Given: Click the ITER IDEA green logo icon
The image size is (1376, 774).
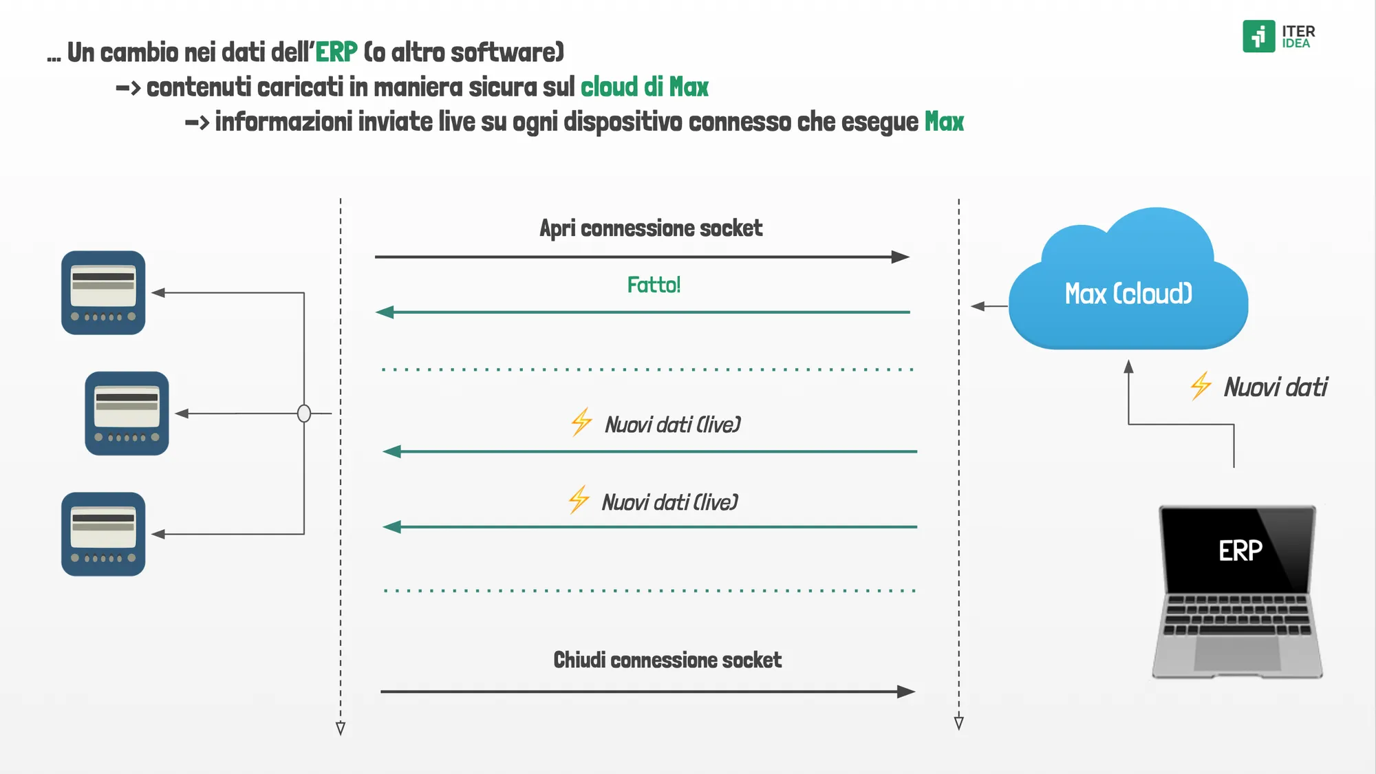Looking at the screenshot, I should [x=1258, y=36].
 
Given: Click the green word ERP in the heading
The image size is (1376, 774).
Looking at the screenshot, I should [x=336, y=52].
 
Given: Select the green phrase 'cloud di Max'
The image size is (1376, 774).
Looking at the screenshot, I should [x=644, y=87].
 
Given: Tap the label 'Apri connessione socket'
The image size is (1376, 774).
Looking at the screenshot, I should [x=651, y=228].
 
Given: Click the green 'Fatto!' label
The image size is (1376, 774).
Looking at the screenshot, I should [x=654, y=284].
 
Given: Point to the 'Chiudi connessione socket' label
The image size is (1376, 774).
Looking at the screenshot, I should [x=667, y=660].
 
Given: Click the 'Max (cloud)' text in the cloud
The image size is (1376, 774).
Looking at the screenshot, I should [x=1128, y=294].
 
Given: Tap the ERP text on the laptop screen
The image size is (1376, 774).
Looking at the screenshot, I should [x=1240, y=550].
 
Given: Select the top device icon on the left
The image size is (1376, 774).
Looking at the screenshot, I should [x=103, y=292].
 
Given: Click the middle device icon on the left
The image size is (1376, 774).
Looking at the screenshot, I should [x=127, y=413].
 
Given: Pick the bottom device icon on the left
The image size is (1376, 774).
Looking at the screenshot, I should [x=103, y=534].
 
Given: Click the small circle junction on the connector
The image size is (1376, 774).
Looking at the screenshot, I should [x=304, y=413].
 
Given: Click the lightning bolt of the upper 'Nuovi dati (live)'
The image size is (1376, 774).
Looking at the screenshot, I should [x=581, y=422].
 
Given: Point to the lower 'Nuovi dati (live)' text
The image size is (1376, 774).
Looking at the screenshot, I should [x=669, y=502].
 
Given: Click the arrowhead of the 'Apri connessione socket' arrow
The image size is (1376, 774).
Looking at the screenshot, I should [x=901, y=257].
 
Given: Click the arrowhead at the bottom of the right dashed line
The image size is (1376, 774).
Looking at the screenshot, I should [x=958, y=722].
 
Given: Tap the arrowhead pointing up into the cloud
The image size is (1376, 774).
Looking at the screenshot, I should [x=1128, y=367].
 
